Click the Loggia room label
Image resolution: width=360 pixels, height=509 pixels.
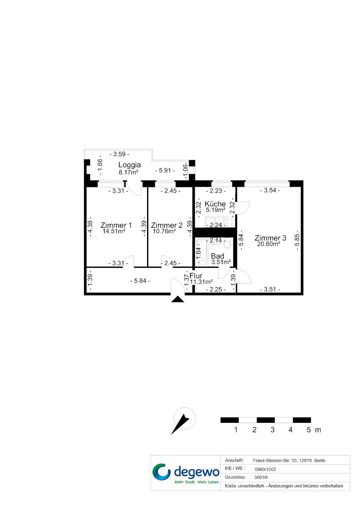point(129,165)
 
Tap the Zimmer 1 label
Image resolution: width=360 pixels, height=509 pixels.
point(116,225)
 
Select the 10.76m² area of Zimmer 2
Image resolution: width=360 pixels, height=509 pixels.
point(164,231)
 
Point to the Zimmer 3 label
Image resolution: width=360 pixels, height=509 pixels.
point(270,238)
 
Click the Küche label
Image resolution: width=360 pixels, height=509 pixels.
point(215,204)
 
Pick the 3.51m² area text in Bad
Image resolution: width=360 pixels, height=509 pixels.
point(221,262)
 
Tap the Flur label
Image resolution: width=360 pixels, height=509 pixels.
point(196,276)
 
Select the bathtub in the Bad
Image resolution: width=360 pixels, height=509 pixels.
point(201,252)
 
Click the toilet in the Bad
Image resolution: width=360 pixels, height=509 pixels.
point(227,244)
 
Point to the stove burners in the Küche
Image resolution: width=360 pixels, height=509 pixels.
point(229,222)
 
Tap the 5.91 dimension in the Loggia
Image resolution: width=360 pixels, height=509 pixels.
point(165,170)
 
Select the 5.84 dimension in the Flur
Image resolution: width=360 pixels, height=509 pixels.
point(140,281)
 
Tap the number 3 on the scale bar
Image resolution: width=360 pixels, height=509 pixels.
point(273,430)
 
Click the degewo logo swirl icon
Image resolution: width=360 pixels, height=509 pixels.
point(161,472)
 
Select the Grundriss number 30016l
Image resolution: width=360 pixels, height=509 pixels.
point(261,477)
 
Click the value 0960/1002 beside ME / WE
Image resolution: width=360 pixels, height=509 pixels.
point(265,469)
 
